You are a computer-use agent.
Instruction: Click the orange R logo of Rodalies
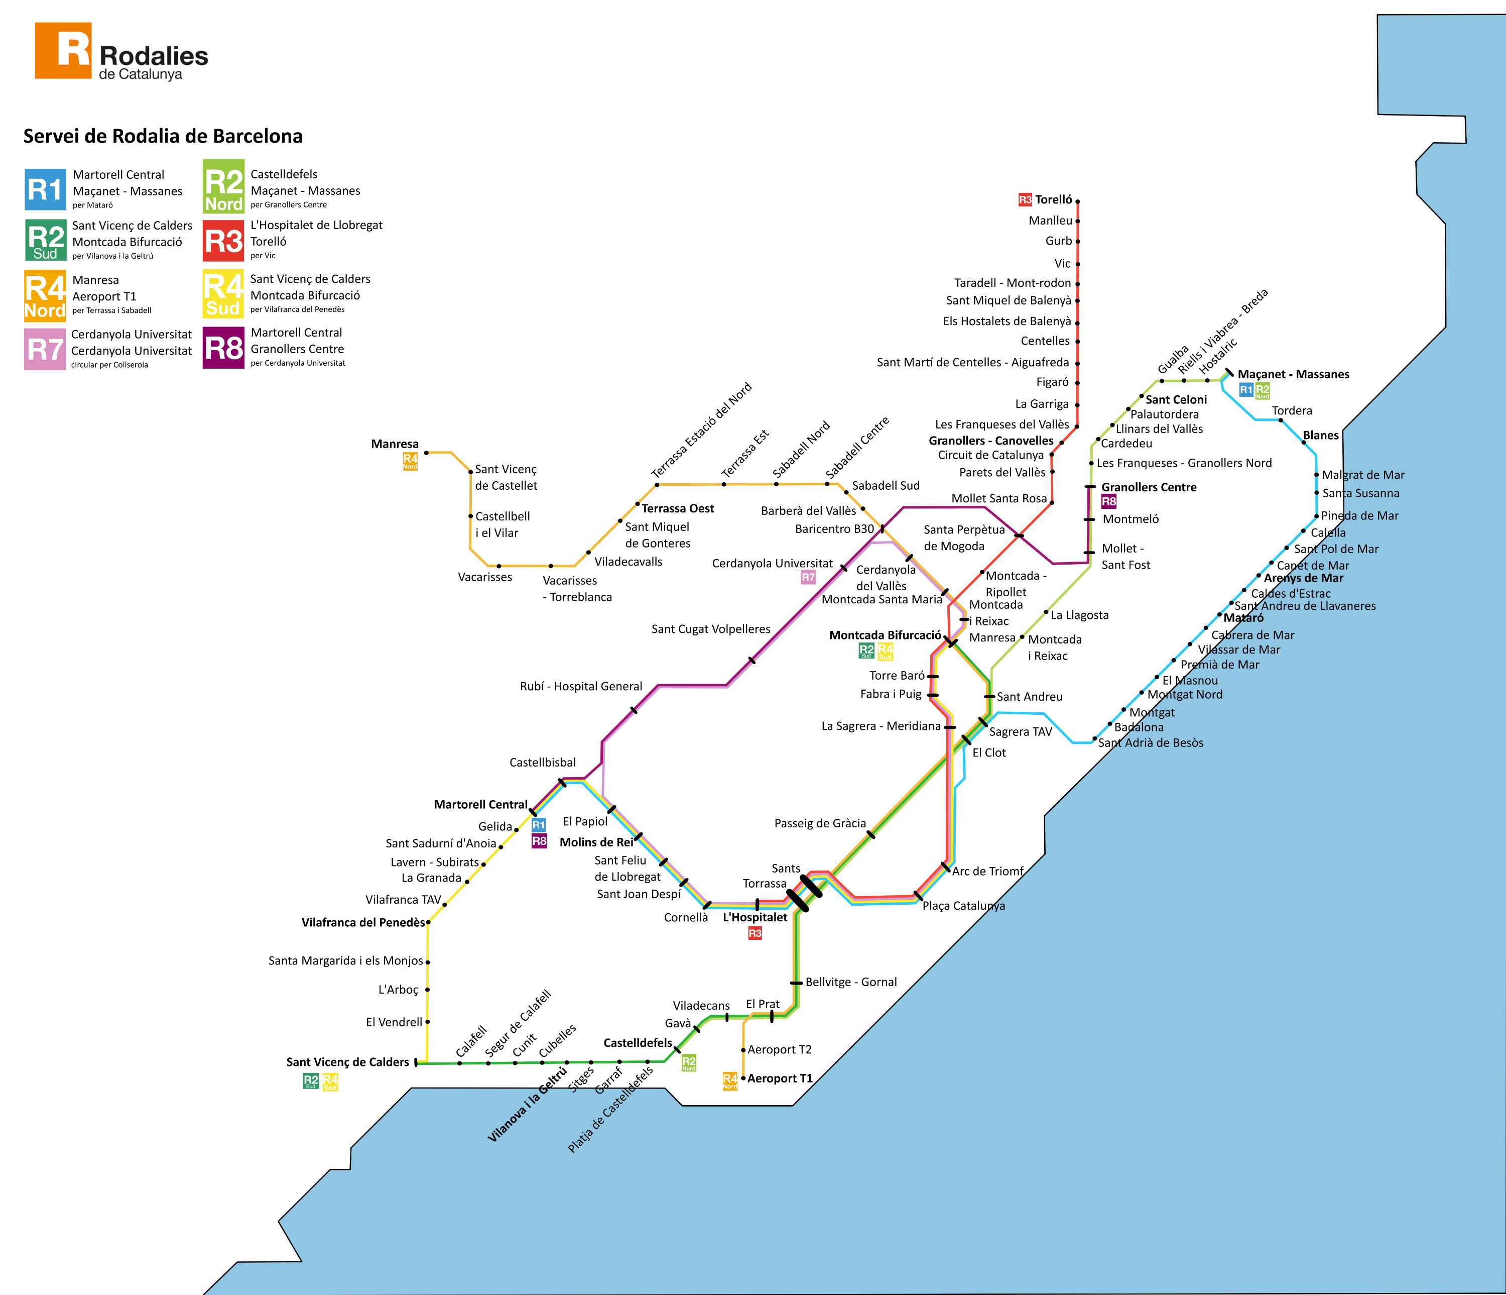pyautogui.click(x=63, y=50)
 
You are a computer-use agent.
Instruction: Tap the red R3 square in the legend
pyautogui.click(x=223, y=241)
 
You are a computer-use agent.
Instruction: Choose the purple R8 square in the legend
pyautogui.click(x=223, y=348)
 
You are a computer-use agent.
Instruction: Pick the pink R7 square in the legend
pyautogui.click(x=45, y=349)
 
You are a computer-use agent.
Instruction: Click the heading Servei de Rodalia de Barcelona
pyautogui.click(x=163, y=136)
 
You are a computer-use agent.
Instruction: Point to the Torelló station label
pyautogui.click(x=1053, y=199)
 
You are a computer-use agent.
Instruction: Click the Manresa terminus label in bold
pyautogui.click(x=395, y=444)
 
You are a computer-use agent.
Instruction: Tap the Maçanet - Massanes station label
pyautogui.click(x=1293, y=374)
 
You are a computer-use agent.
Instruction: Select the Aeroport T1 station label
pyautogui.click(x=780, y=1078)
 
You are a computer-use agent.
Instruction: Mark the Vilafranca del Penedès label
pyautogui.click(x=362, y=922)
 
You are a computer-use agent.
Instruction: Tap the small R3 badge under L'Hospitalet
pyautogui.click(x=755, y=933)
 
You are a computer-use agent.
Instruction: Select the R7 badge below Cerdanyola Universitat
pyautogui.click(x=808, y=577)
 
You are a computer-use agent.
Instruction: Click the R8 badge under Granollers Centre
pyautogui.click(x=1109, y=501)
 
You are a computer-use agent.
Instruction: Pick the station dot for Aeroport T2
pyautogui.click(x=743, y=1050)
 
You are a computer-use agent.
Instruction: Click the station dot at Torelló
pyautogui.click(x=1078, y=201)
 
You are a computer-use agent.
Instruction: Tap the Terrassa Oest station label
pyautogui.click(x=677, y=508)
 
